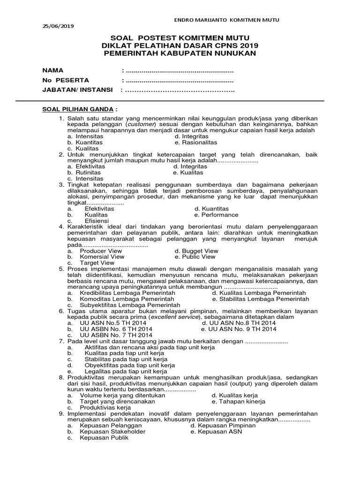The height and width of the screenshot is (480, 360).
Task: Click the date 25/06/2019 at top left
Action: [x=55, y=26]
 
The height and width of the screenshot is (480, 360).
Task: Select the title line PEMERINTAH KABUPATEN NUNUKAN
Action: [x=180, y=53]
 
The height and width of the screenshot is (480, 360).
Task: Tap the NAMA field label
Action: [x=52, y=70]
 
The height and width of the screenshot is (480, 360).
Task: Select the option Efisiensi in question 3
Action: [x=97, y=221]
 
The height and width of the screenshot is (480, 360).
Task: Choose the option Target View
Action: [x=97, y=263]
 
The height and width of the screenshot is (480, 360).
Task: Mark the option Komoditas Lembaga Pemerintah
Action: [x=127, y=299]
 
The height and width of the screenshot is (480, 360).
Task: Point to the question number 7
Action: [x=61, y=341]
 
